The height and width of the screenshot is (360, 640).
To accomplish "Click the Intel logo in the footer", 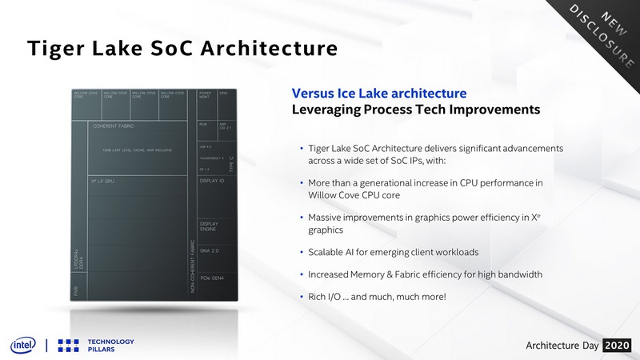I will (x=23, y=345).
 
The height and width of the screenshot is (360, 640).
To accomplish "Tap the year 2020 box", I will (x=617, y=345).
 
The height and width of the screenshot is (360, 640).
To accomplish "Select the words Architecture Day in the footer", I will (x=562, y=345).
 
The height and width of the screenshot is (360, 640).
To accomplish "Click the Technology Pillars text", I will (x=110, y=345).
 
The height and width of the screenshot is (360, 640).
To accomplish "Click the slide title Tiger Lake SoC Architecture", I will (x=182, y=48).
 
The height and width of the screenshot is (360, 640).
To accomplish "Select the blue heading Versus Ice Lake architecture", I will (x=379, y=94).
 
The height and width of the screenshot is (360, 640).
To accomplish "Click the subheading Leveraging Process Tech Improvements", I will (x=415, y=110).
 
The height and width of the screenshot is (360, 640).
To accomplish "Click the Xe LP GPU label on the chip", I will (x=107, y=182).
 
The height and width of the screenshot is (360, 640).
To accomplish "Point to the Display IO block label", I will (x=212, y=182).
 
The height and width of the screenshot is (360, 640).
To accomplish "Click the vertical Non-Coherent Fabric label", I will (x=193, y=264).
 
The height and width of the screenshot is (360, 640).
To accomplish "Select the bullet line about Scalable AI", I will (x=394, y=252).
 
